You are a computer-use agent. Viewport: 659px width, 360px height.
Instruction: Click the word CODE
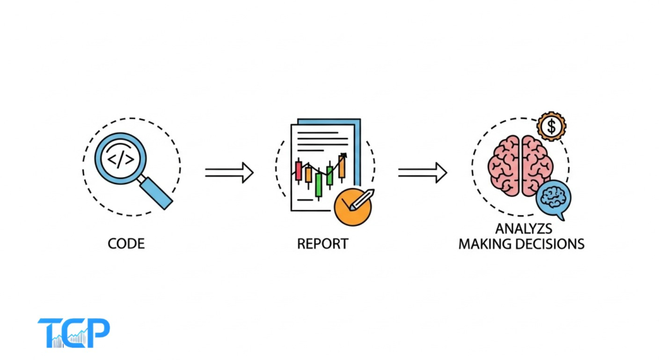127,245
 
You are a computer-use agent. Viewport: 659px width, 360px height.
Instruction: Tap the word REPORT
322,245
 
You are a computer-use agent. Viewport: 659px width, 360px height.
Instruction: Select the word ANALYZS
521,230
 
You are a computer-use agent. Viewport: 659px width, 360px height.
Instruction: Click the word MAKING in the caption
483,245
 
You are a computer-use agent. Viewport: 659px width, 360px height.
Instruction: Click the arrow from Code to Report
229,173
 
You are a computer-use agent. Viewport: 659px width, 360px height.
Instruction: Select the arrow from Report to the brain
422,173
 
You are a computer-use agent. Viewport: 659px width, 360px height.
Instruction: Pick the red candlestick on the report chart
298,169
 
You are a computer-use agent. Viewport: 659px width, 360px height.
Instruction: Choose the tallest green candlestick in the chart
319,184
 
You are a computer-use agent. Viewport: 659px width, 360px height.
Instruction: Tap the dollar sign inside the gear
550,127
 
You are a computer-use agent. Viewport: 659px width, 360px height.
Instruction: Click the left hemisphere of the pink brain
505,164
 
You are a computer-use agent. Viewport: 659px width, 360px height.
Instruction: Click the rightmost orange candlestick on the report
341,169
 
